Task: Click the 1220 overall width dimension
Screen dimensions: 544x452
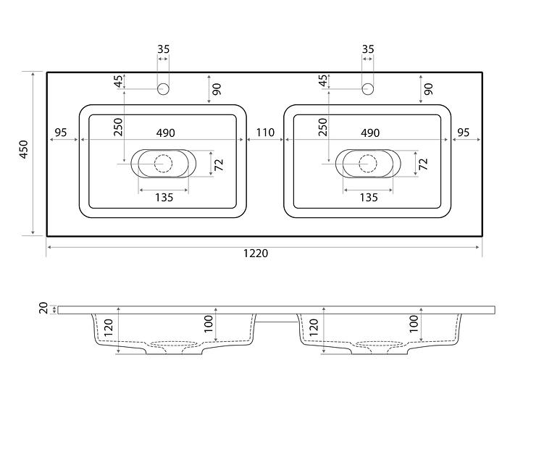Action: point(256,254)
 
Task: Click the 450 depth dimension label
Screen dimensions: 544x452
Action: point(24,149)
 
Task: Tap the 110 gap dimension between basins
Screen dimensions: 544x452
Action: point(265,133)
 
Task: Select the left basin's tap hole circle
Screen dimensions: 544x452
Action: point(163,89)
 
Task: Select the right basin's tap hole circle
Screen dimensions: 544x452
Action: point(368,89)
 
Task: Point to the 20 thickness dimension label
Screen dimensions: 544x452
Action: point(43,308)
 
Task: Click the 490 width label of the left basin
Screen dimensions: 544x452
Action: point(165,133)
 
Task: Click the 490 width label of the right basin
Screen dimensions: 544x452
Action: point(370,133)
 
